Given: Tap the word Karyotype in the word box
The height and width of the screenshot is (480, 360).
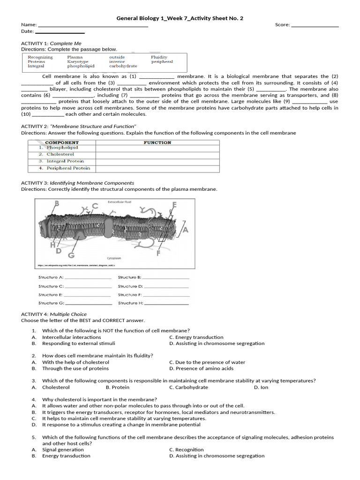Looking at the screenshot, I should pyautogui.click(x=78, y=61).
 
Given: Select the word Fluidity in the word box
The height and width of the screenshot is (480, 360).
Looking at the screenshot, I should pyautogui.click(x=159, y=57).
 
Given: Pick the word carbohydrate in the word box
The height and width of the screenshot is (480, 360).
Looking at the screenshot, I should pyautogui.click(x=123, y=66).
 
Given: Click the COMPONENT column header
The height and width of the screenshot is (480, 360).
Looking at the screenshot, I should pyautogui.click(x=62, y=142).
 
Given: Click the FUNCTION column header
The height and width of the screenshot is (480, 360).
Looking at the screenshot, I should pyautogui.click(x=157, y=142).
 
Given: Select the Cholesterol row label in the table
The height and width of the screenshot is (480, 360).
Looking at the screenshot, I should pyautogui.click(x=60, y=154).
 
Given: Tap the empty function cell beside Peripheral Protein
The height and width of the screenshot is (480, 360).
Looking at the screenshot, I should pyautogui.click(x=157, y=168).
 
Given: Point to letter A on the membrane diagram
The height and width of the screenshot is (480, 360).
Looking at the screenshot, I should pyautogui.click(x=185, y=230).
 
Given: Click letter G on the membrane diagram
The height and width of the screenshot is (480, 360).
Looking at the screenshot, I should pyautogui.click(x=71, y=255).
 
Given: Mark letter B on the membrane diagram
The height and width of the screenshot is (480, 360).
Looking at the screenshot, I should pyautogui.click(x=57, y=203).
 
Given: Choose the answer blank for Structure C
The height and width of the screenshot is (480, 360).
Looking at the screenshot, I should pyautogui.click(x=88, y=286).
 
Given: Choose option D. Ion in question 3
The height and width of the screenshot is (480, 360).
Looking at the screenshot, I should pyautogui.click(x=261, y=387).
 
